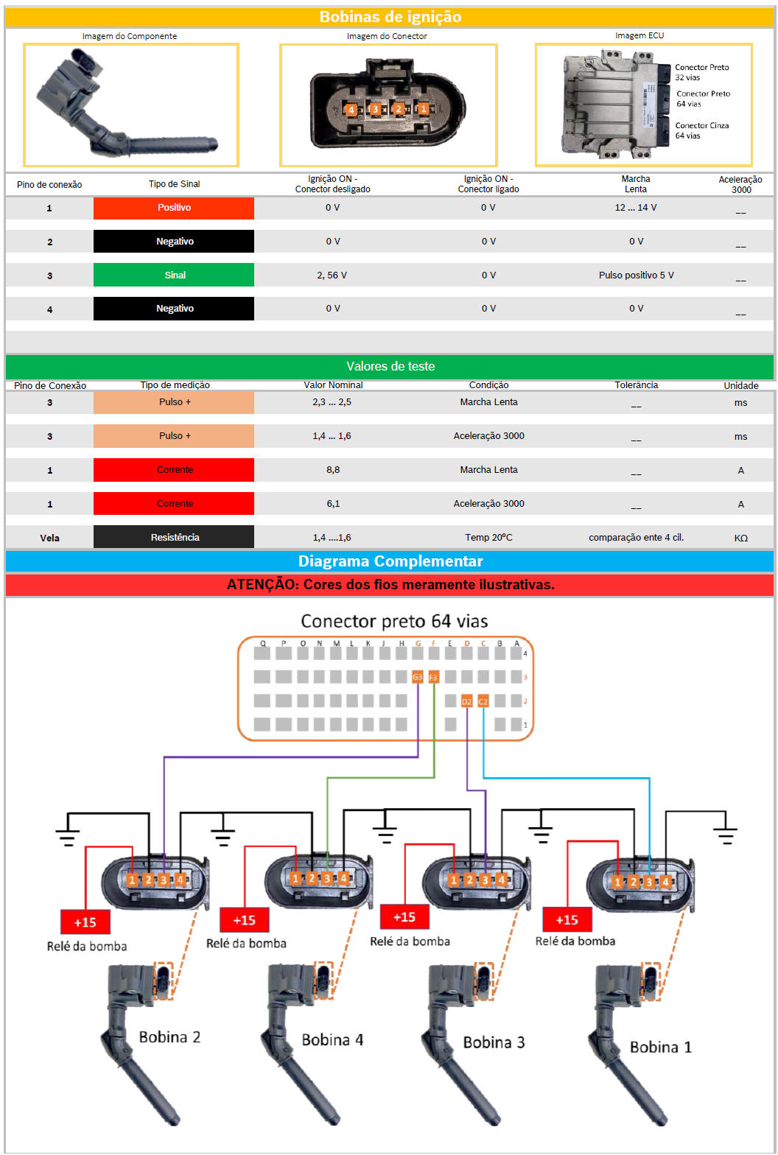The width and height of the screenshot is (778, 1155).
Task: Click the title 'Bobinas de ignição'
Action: click(x=390, y=16)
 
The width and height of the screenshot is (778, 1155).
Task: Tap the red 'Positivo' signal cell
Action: click(x=174, y=208)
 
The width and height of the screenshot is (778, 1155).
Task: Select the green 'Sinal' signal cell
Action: click(x=174, y=275)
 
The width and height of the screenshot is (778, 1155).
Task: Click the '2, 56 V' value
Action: click(x=332, y=275)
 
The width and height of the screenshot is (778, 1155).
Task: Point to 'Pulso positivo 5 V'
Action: click(x=636, y=275)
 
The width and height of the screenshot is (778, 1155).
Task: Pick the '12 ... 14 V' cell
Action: click(x=635, y=208)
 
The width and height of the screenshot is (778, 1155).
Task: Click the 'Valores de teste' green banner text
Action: click(x=390, y=366)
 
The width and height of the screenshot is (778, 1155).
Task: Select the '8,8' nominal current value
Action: click(x=332, y=470)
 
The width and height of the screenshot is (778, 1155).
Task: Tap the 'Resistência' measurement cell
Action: click(x=174, y=537)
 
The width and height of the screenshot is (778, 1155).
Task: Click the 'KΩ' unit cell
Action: click(x=740, y=538)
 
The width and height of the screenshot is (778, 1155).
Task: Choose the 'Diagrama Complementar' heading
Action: click(x=390, y=561)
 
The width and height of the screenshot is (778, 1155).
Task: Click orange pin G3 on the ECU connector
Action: click(x=417, y=676)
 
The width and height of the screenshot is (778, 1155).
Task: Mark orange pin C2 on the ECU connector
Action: click(x=483, y=701)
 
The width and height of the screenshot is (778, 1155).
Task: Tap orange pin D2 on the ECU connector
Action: click(x=466, y=701)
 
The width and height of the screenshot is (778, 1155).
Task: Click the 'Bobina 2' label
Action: click(x=169, y=1036)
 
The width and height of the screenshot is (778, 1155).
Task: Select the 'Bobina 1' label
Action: click(x=660, y=1047)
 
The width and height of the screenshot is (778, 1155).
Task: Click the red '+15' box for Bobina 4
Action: click(x=244, y=920)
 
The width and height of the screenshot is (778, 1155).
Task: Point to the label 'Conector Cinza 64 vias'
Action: click(x=701, y=130)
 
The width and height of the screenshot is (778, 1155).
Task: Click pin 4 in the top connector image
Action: click(x=351, y=109)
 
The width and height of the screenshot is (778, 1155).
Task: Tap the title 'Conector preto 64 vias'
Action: click(x=394, y=622)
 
